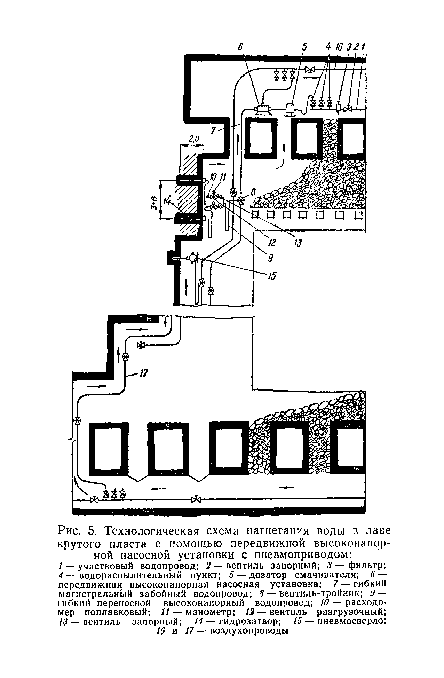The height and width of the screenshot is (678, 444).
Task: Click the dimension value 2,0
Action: (x=193, y=139)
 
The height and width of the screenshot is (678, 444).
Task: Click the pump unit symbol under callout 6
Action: (x=263, y=109)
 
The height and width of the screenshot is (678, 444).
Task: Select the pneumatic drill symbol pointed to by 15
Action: (x=191, y=258)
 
